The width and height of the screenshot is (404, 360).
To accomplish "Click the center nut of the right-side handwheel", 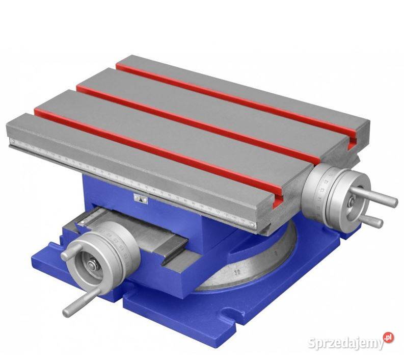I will point(351,203).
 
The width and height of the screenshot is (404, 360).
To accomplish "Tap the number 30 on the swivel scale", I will point(237,273).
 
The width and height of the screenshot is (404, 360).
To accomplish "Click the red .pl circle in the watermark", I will point(389,338).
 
